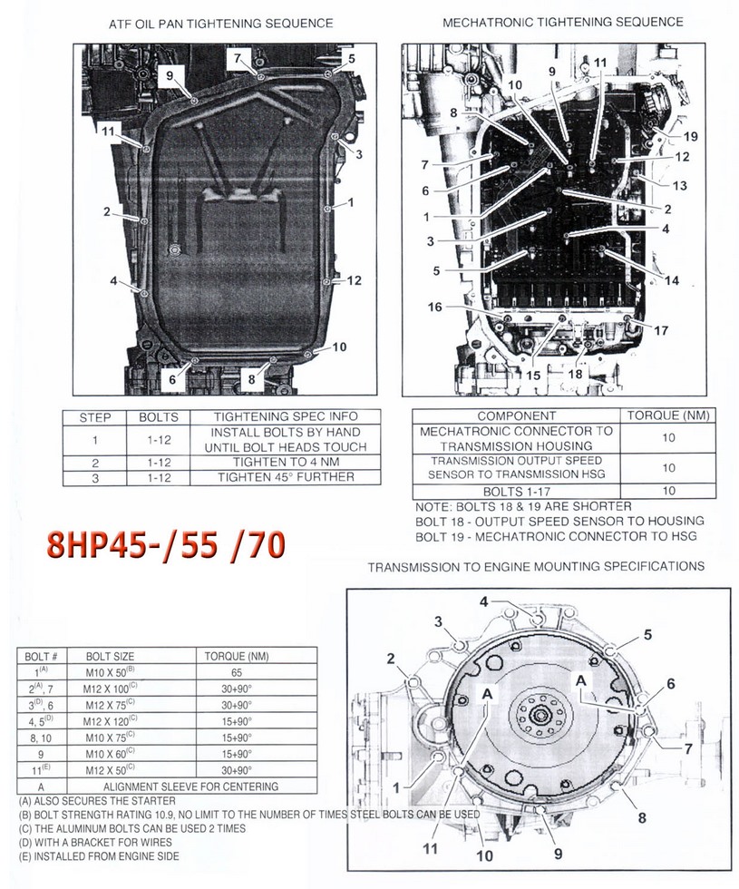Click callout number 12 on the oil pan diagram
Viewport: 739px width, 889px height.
point(355,280)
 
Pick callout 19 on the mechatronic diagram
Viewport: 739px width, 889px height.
point(690,137)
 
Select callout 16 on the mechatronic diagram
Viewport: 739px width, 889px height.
point(435,308)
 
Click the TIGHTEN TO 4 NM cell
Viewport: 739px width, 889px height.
point(285,462)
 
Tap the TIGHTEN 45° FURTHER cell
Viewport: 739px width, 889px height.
point(285,478)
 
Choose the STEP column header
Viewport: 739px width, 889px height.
point(95,418)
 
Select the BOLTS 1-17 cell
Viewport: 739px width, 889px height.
point(515,491)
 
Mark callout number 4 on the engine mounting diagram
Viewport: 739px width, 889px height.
point(484,601)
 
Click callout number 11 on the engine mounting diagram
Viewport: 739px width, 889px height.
point(430,849)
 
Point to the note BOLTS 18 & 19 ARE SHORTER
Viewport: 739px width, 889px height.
point(522,506)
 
